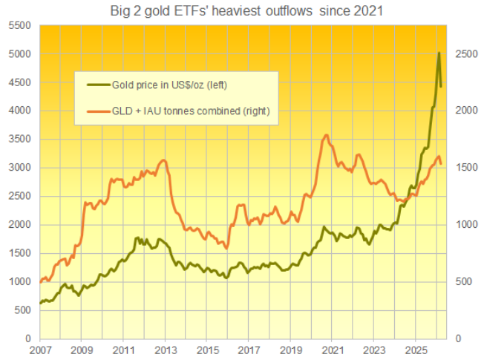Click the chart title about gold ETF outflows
(x=243, y=11)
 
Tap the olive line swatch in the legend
(x=96, y=85)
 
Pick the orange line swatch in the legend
(x=96, y=111)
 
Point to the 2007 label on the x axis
(x=40, y=349)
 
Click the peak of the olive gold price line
(x=439, y=53)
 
